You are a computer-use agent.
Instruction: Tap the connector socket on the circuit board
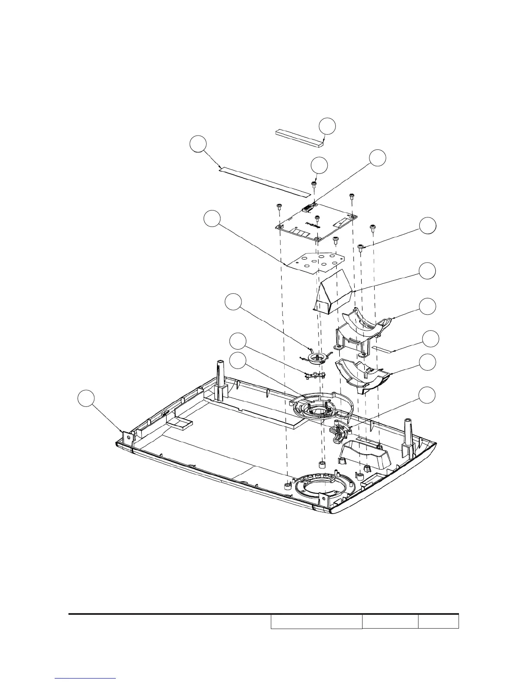coord(307,210)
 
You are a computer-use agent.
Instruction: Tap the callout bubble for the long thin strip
coord(198,144)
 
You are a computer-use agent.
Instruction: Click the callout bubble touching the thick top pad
coord(327,125)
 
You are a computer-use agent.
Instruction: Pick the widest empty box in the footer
coord(316,622)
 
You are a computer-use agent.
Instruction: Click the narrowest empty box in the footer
coord(438,622)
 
